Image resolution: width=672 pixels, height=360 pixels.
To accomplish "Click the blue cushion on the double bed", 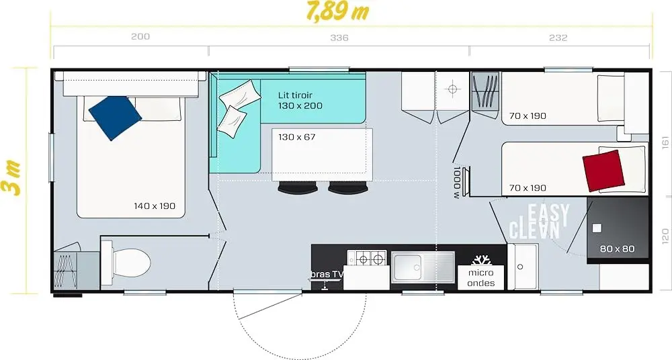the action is click(x=115, y=118).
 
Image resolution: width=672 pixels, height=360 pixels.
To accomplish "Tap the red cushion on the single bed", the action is click(x=603, y=171).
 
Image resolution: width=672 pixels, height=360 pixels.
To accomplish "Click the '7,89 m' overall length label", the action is click(x=338, y=11).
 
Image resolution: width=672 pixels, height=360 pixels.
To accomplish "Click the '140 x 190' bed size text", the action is click(x=155, y=206).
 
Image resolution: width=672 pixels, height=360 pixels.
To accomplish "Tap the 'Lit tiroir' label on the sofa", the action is click(x=295, y=95).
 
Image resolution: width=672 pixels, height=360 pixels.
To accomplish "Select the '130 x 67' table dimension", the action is click(x=296, y=137).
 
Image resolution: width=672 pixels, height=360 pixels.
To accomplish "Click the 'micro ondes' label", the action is click(x=481, y=277).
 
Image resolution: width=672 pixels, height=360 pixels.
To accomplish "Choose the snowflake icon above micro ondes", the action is click(x=481, y=260).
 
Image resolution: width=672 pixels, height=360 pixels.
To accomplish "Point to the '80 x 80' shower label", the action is click(x=617, y=249).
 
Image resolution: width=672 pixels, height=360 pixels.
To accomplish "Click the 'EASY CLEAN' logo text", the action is click(x=539, y=221).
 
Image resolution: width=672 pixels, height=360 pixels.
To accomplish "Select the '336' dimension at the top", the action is click(x=339, y=38).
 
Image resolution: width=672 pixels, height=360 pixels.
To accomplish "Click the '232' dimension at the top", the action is click(x=558, y=38).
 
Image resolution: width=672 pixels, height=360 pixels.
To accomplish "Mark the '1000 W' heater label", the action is click(x=457, y=183).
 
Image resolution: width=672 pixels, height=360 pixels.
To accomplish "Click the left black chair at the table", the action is click(x=298, y=187).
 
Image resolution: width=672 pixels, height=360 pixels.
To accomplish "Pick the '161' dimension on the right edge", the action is click(x=665, y=142).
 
